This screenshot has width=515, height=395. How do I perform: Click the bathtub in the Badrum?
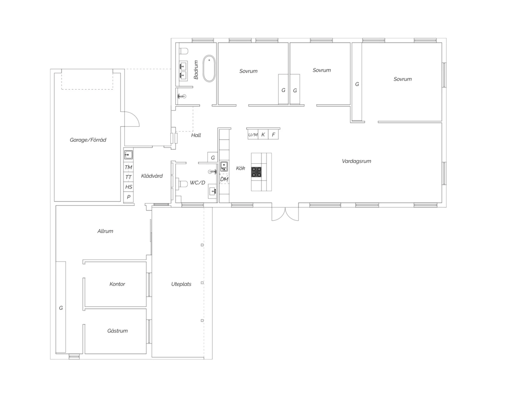point(209,69)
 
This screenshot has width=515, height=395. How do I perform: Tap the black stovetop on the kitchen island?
point(256,172)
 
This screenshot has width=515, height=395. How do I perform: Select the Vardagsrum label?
point(356,161)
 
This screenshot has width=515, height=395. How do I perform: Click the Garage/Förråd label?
point(88,140)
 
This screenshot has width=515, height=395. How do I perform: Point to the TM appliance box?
point(128,167)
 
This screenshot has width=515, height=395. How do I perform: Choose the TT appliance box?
point(128,177)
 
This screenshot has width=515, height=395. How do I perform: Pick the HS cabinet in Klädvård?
point(128,187)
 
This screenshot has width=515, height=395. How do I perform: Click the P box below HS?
point(128,197)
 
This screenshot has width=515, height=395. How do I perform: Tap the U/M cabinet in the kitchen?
point(253,135)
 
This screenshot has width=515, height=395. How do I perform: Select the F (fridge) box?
point(273,135)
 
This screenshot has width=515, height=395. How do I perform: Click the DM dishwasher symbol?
point(224,179)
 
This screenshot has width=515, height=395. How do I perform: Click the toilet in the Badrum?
point(184,51)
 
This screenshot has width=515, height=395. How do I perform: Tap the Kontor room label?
point(117,284)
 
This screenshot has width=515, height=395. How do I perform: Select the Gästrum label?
point(117,331)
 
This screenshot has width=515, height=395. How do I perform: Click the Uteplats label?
point(181,284)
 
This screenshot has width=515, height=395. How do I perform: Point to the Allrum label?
point(105,231)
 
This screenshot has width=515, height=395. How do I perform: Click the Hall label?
point(196,135)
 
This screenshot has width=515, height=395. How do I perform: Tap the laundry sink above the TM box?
point(128,155)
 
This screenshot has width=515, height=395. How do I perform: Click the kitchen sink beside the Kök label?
point(224,166)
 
